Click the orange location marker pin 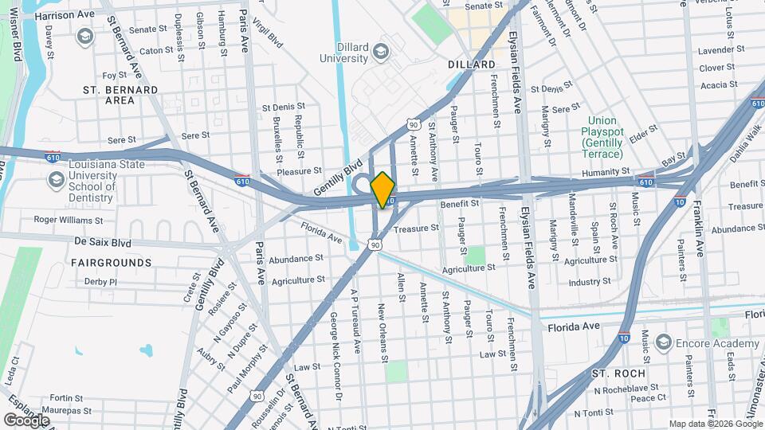click(x=383, y=190)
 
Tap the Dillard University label click(x=343, y=53)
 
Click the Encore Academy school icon click(x=662, y=342)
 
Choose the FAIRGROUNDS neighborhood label click(x=111, y=262)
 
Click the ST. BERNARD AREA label click(x=120, y=96)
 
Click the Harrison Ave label click(x=65, y=15)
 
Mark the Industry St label click(x=590, y=281)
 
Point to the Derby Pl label click(x=100, y=281)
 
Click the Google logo click(x=26, y=420)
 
